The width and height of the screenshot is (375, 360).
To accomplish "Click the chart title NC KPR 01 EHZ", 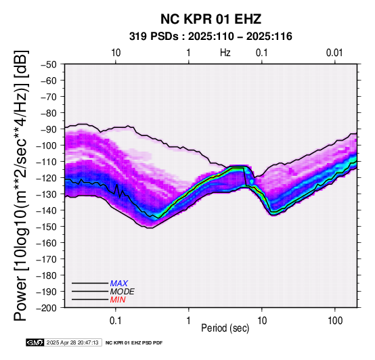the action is coord(211,19).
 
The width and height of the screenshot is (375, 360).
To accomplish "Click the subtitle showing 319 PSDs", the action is coord(211,37).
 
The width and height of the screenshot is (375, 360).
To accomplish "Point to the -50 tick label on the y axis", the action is coord(49,64).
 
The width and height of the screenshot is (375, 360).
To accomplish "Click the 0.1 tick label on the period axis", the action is coord(116,321).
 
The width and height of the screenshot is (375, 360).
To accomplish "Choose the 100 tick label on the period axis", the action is coord(335,321).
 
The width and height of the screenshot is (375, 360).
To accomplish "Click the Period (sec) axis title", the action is coord(225,328).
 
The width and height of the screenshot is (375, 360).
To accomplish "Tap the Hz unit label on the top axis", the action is coord(225,53).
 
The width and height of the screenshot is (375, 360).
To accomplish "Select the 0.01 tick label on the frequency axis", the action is coord(334,53).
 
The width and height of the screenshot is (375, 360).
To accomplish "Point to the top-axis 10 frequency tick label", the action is coord(116,53).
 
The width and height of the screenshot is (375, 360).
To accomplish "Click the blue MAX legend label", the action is coord(119,284).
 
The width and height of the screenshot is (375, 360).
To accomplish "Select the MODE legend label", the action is coord(123,292).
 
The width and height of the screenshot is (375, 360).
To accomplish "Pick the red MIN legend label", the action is coord(118,300).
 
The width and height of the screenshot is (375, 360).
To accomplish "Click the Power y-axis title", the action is coord(21,185).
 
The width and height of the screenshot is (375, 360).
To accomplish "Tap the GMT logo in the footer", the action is coord(35,342).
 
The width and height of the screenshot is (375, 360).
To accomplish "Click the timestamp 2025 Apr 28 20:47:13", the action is coord(72,343).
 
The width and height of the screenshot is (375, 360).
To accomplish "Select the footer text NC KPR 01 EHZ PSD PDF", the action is coord(134,343).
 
